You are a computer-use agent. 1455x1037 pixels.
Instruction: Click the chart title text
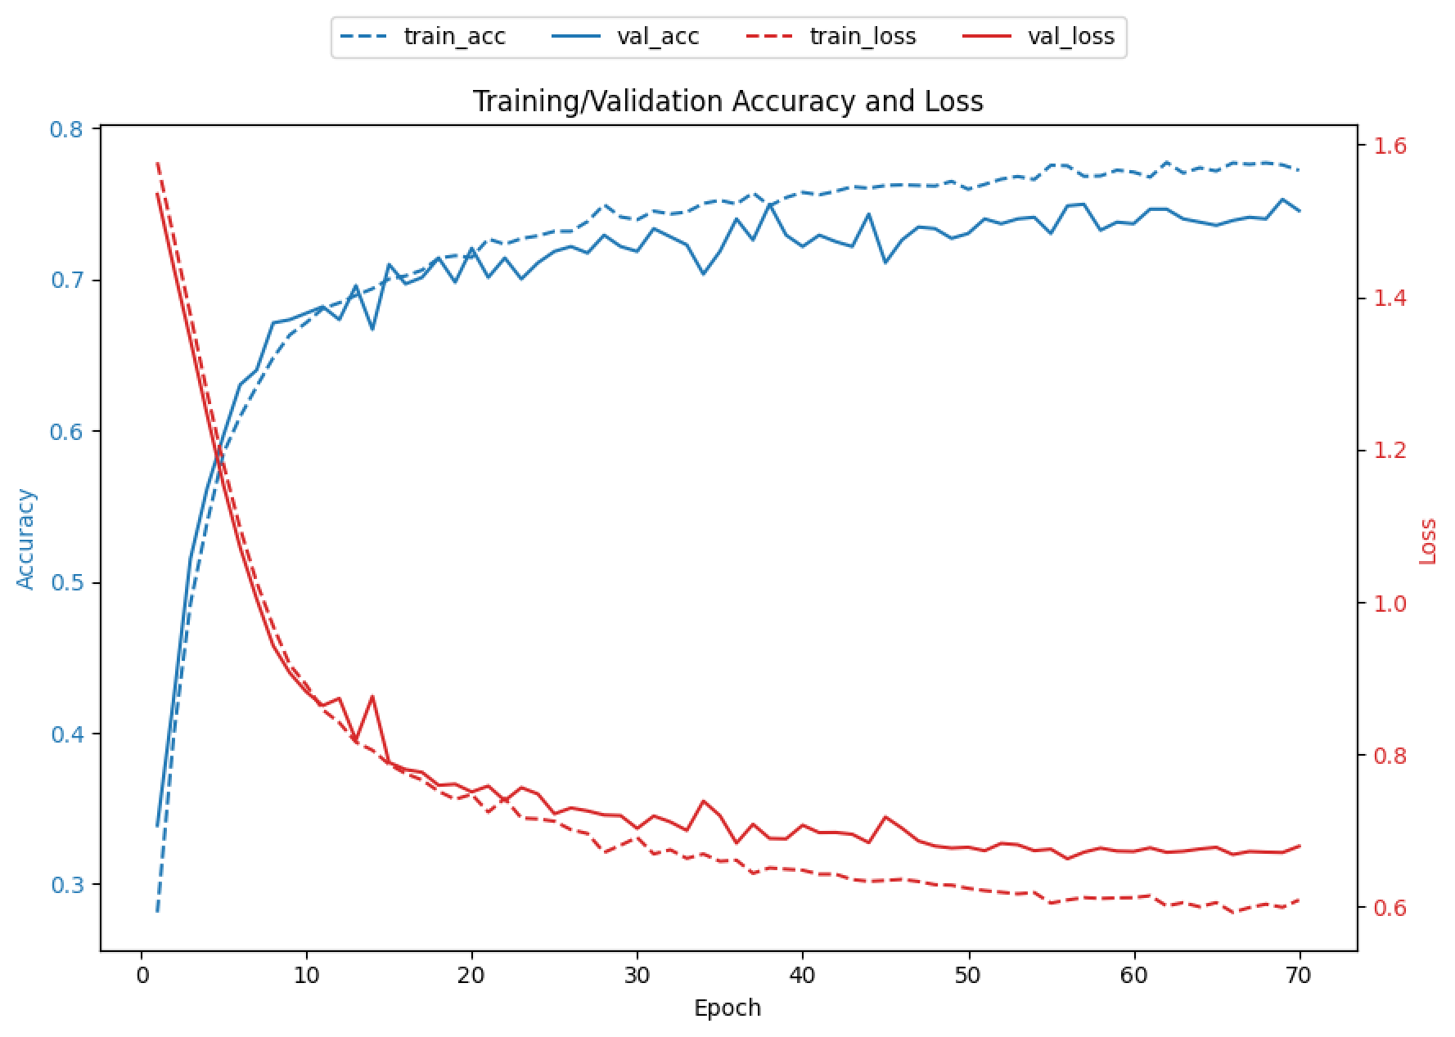[x=727, y=101]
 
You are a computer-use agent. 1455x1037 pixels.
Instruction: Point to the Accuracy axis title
[x=26, y=538]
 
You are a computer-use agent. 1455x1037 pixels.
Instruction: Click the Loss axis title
[x=1428, y=541]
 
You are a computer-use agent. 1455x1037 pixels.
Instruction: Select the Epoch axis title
[x=727, y=1008]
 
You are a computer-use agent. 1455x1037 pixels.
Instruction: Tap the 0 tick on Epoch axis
[x=142, y=976]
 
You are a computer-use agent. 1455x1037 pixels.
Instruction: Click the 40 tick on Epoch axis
[x=803, y=976]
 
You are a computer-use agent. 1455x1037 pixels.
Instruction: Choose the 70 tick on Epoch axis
[x=1299, y=976]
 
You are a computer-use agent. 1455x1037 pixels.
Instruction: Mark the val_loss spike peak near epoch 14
[x=372, y=697]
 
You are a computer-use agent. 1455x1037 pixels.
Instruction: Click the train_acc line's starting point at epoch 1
[x=157, y=911]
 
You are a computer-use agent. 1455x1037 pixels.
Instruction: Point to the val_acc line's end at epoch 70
[x=1300, y=211]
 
